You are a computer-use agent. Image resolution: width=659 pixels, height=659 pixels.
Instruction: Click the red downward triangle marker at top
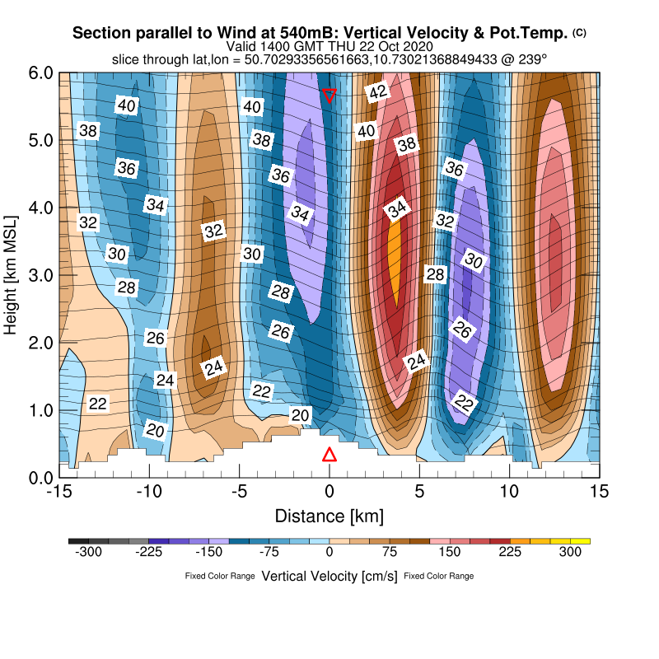pos(329,95)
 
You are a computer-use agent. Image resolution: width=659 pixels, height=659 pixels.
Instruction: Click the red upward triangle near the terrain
pos(329,455)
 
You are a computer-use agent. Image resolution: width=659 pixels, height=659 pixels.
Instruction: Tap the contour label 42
pos(377,92)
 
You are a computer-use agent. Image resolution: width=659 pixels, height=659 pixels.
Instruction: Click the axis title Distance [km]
pos(329,516)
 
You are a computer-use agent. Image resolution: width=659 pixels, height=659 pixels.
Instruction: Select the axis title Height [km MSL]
pos(12,274)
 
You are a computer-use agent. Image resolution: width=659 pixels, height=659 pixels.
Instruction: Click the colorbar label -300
pos(88,554)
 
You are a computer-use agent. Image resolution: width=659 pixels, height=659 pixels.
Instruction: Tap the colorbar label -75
pos(269,554)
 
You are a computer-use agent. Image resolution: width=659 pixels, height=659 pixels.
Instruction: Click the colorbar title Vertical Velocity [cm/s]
pos(329,576)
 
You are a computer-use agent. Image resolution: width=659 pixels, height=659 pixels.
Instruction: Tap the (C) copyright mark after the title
pos(579,32)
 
